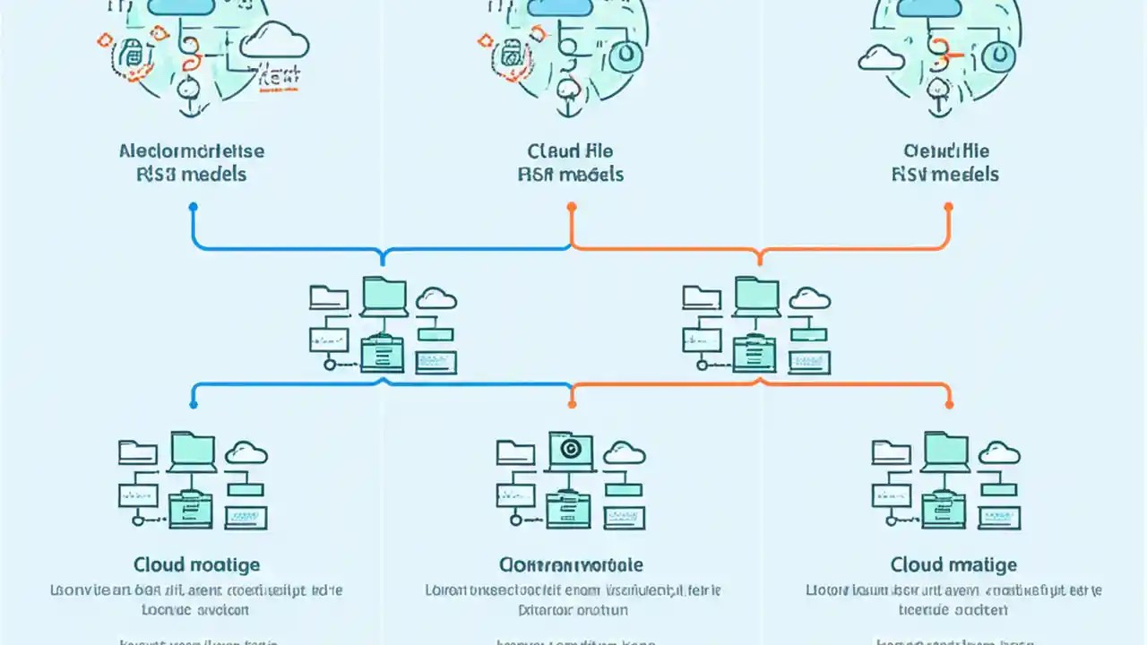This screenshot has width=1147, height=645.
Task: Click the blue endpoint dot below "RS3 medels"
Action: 193,207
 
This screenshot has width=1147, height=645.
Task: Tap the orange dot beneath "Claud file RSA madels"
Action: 572,207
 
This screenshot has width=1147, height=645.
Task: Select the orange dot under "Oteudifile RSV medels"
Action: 949,207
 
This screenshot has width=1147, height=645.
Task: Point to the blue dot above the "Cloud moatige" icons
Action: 193,405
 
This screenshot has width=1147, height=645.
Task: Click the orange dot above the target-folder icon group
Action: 572,405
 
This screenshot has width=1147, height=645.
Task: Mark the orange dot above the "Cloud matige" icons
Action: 949,405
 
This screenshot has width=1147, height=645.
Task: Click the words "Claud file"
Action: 571,150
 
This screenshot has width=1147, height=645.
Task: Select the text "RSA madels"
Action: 571,174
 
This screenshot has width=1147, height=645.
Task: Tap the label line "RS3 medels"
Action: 192,174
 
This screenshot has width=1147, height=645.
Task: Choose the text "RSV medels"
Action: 945,174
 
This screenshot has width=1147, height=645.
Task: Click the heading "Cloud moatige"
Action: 197,564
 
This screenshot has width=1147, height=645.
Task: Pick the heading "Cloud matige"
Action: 953,564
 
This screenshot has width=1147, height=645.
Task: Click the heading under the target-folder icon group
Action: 571,564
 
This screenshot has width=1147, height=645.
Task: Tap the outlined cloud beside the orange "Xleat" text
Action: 274,42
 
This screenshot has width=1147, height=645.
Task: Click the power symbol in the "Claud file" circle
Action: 628,55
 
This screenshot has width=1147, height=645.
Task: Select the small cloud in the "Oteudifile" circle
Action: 880,58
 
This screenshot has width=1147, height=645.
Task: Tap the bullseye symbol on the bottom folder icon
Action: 567,447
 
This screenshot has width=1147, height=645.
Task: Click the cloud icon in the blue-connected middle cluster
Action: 436,298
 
